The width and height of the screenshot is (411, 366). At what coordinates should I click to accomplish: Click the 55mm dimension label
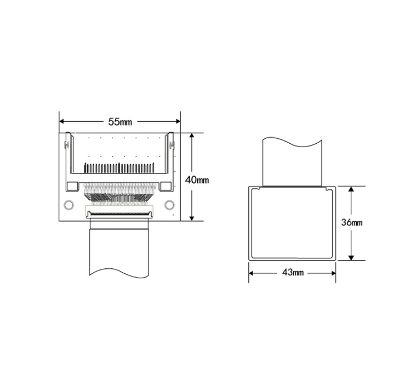120,122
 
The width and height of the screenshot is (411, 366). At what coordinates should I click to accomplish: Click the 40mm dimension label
197,180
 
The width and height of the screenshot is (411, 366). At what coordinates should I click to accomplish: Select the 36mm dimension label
352,223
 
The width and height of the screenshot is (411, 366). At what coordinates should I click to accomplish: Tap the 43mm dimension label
293,273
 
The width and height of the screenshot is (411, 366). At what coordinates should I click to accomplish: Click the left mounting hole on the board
68,205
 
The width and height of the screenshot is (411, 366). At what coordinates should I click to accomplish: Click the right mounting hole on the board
169,205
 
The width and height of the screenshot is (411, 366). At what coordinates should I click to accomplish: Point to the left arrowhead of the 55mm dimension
62,121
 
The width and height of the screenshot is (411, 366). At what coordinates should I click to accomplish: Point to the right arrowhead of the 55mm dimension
178,121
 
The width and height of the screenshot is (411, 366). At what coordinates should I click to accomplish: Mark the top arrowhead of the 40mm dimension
192,136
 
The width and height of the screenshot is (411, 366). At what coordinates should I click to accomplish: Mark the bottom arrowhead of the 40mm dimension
192,218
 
